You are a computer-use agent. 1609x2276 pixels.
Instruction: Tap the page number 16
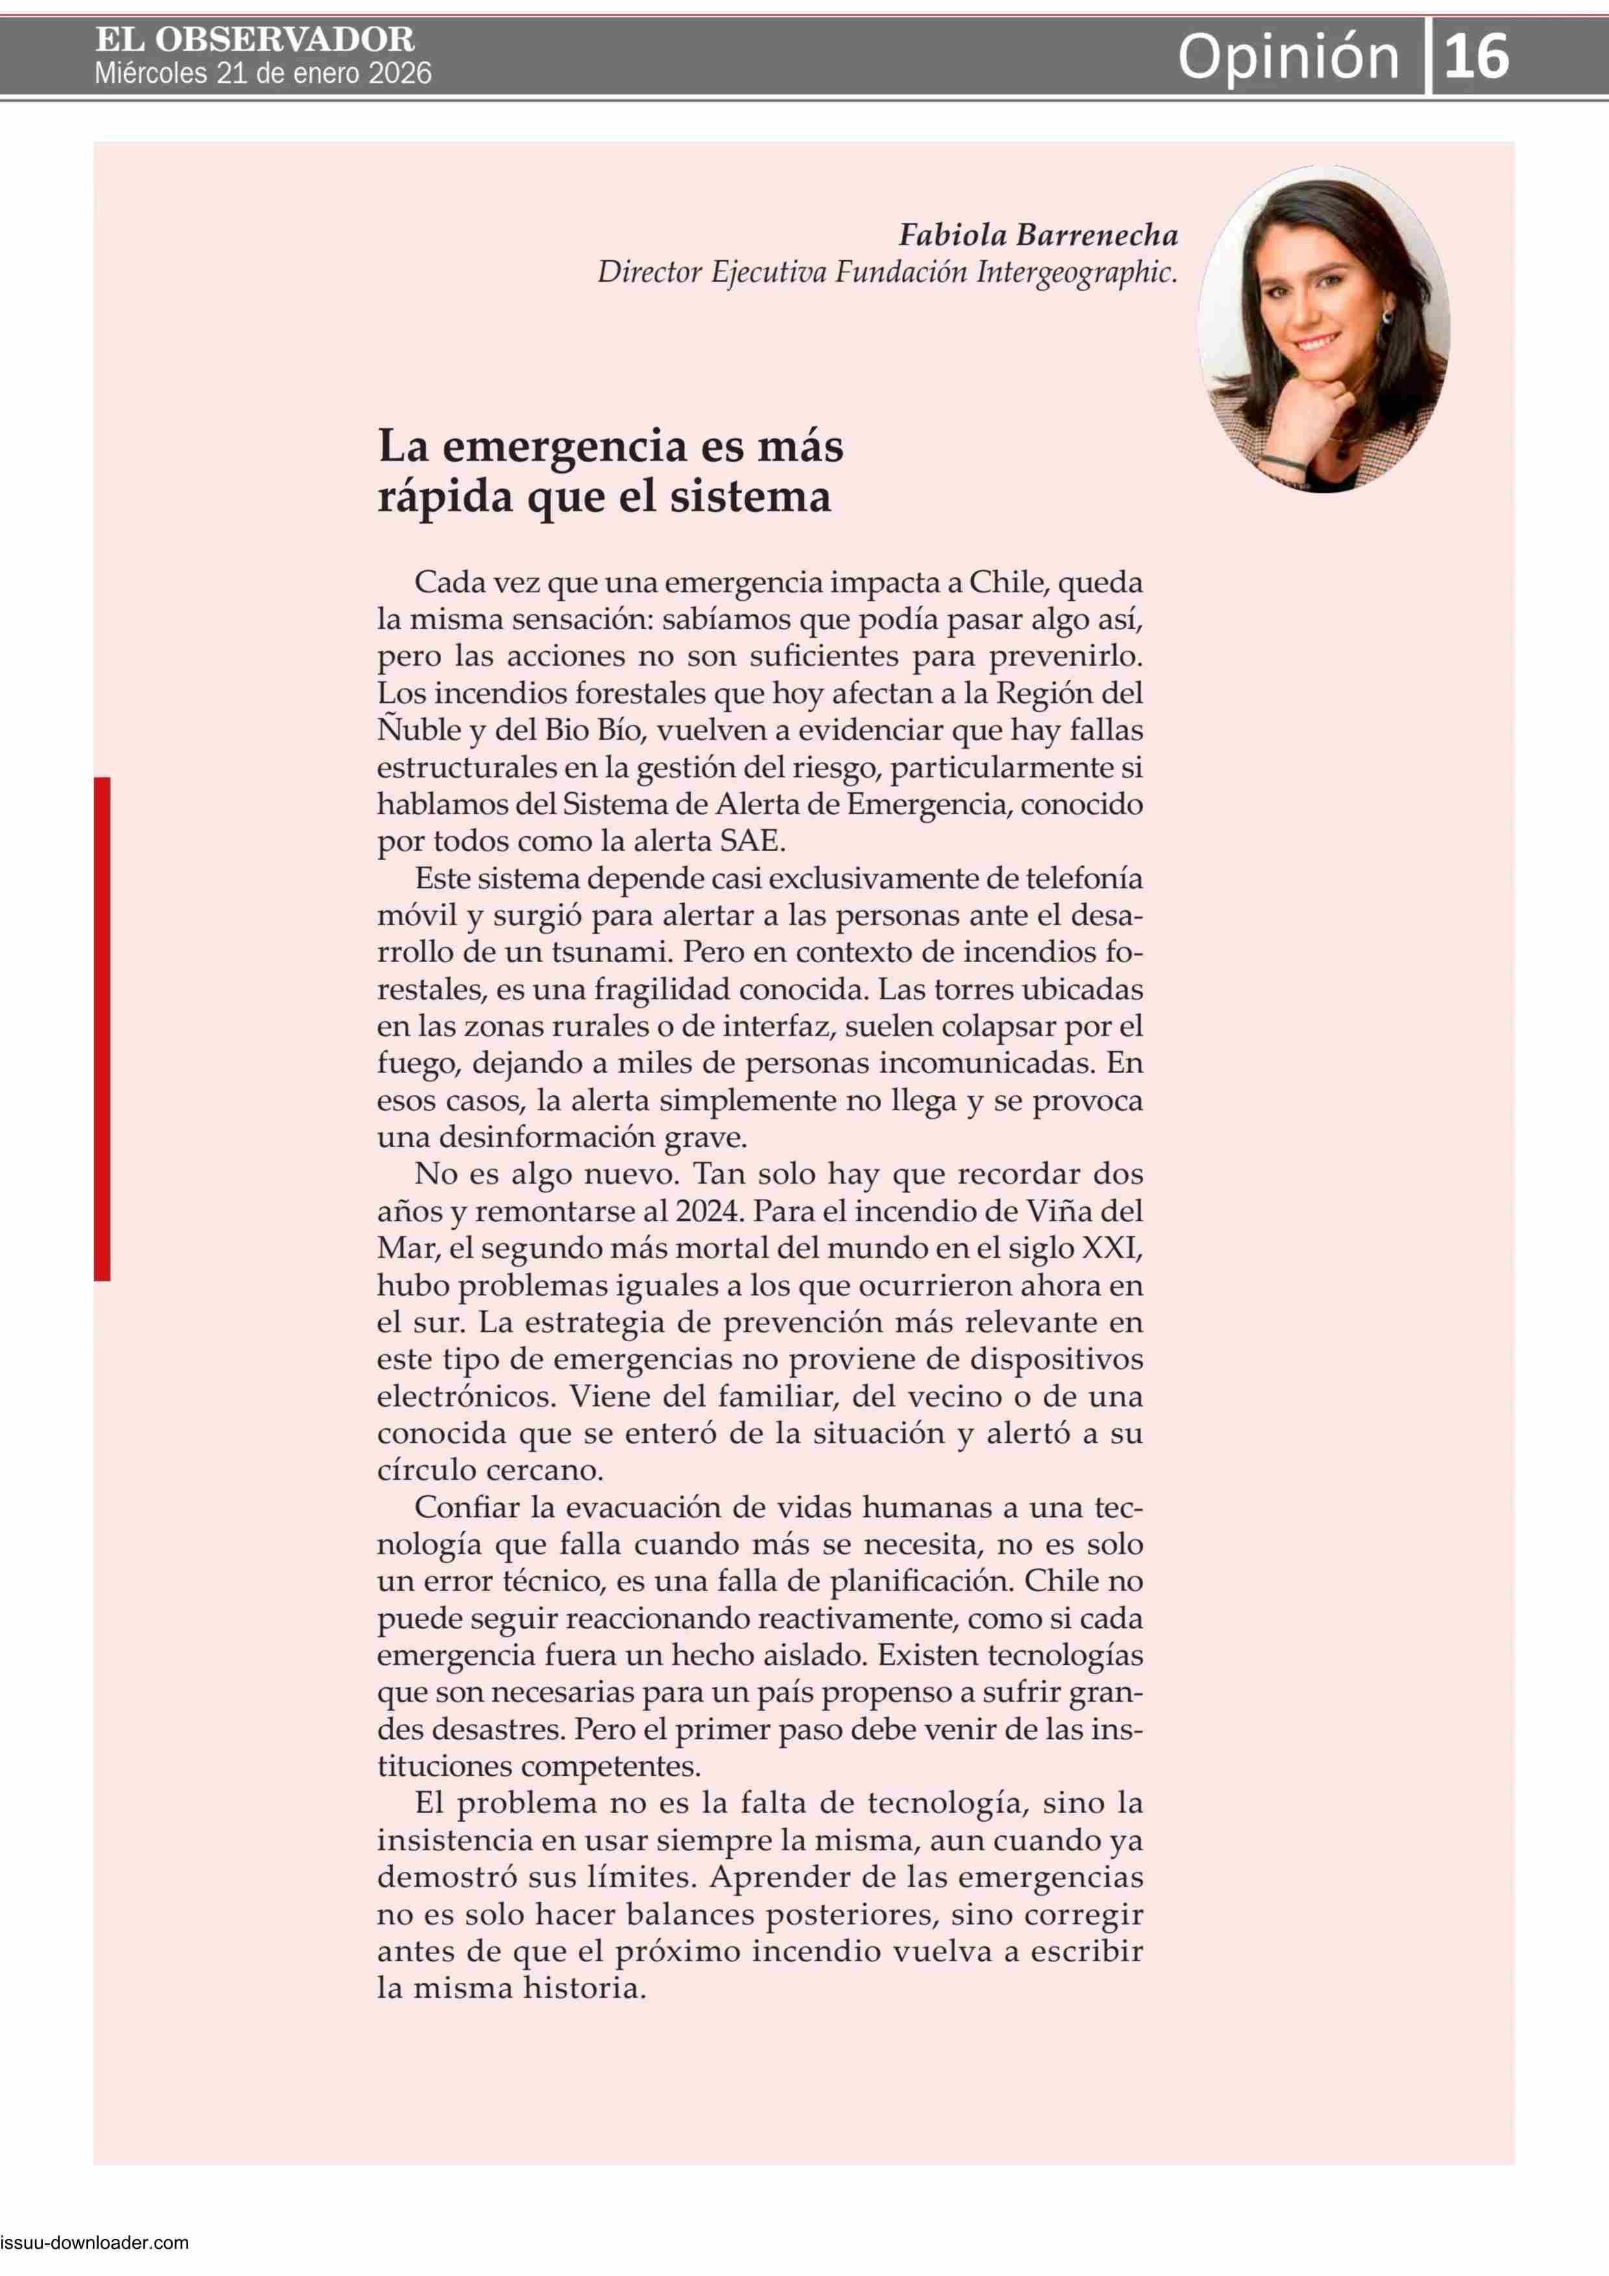(x=1476, y=56)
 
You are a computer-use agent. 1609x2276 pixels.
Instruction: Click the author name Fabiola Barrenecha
(x=1038, y=235)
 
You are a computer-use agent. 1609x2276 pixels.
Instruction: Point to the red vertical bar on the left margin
(x=102, y=1028)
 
